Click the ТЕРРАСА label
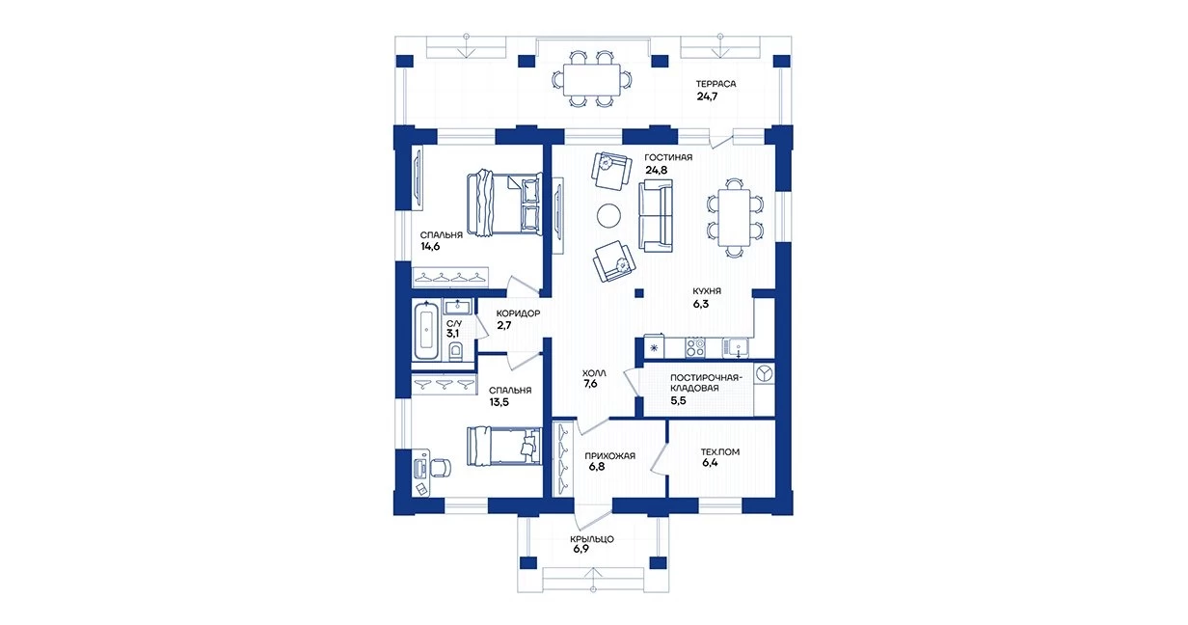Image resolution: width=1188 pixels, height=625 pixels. click(715, 84)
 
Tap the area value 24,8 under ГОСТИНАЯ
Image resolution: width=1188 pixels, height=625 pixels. click(656, 171)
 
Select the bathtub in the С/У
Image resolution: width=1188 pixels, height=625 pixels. click(426, 330)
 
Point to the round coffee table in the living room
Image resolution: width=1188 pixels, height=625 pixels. click(608, 215)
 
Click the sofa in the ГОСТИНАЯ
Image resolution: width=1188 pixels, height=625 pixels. click(656, 215)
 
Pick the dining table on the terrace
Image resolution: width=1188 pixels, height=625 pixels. click(591, 80)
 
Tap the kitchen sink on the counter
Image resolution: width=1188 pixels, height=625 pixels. click(736, 347)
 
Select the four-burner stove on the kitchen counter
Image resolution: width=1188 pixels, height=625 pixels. click(694, 347)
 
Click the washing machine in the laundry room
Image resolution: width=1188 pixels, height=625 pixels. click(764, 373)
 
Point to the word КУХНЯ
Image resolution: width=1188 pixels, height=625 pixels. click(707, 291)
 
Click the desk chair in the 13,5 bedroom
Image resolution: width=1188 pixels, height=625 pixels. click(441, 468)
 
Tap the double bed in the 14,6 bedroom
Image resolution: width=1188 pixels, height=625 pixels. click(503, 203)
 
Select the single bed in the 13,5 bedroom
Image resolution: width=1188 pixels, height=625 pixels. click(503, 447)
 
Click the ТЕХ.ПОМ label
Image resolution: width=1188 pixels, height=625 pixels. click(720, 452)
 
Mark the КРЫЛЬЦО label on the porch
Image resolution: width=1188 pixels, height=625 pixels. click(592, 539)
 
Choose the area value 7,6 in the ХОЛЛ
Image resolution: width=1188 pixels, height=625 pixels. click(590, 384)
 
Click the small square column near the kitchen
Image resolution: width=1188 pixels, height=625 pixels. click(639, 293)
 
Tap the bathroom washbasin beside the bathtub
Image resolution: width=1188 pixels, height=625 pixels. click(457, 306)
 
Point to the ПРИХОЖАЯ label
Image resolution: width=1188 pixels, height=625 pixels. click(609, 456)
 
